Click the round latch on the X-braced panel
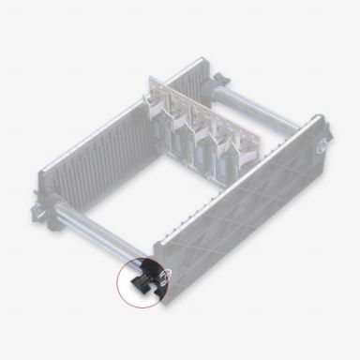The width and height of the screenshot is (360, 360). [322, 145]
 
